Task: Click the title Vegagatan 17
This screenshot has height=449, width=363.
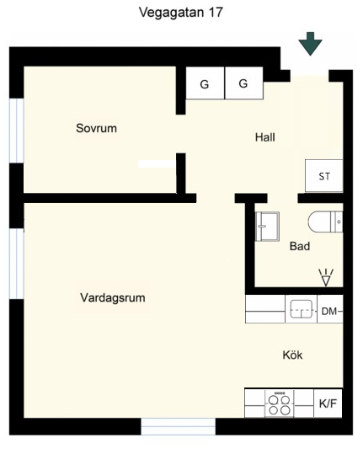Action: tap(180, 13)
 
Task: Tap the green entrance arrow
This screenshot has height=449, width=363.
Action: tap(310, 43)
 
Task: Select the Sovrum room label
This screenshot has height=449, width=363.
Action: tap(96, 128)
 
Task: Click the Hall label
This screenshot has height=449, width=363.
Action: tap(265, 137)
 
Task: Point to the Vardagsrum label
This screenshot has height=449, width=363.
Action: tap(113, 298)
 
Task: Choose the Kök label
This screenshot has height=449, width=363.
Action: tap(292, 355)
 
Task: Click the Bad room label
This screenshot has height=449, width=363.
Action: tap(300, 246)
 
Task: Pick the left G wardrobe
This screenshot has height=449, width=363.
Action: tap(205, 83)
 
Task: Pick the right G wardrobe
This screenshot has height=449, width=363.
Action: tap(244, 83)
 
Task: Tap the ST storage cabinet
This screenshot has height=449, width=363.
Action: tap(323, 175)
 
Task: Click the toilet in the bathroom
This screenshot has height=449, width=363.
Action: tap(325, 222)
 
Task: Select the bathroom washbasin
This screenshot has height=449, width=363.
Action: tap(267, 227)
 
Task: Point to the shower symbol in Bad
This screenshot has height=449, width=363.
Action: tap(326, 277)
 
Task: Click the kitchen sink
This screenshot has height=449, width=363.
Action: tap(302, 309)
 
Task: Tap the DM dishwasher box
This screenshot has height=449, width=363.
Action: tap(330, 309)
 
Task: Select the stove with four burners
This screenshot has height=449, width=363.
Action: tap(280, 404)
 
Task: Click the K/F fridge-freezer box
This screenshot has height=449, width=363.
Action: tap(328, 404)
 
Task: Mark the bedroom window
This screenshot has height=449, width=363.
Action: tap(17, 131)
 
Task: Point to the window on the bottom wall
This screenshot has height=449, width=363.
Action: tap(178, 426)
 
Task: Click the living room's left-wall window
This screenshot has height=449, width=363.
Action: tap(17, 264)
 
